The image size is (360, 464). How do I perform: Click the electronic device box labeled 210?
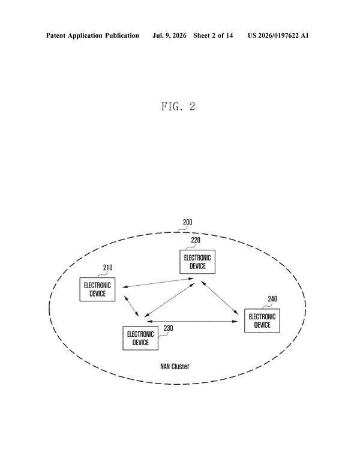97,289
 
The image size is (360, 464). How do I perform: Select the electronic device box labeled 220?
197,262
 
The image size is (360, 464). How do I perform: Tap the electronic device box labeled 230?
140,338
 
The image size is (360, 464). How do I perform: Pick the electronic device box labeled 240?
262,321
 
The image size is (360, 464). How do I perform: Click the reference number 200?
188,222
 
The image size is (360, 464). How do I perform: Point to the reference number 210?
107,268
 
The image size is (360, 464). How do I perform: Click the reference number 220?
196,240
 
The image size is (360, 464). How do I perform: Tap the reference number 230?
169,328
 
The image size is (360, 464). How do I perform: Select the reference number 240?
272,299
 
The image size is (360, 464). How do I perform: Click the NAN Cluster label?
175,366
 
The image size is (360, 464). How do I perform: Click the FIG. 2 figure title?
178,106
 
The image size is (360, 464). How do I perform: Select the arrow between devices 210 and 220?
158,283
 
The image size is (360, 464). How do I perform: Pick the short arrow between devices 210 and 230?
131,306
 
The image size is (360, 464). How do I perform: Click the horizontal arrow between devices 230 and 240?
192,321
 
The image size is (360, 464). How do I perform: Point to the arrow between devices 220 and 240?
220,297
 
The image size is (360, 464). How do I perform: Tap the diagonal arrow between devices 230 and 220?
169,300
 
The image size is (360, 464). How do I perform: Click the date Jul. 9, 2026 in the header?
169,36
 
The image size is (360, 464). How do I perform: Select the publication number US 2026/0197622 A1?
278,35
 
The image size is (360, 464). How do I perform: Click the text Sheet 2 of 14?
213,35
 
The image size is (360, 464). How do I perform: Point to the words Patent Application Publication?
92,36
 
